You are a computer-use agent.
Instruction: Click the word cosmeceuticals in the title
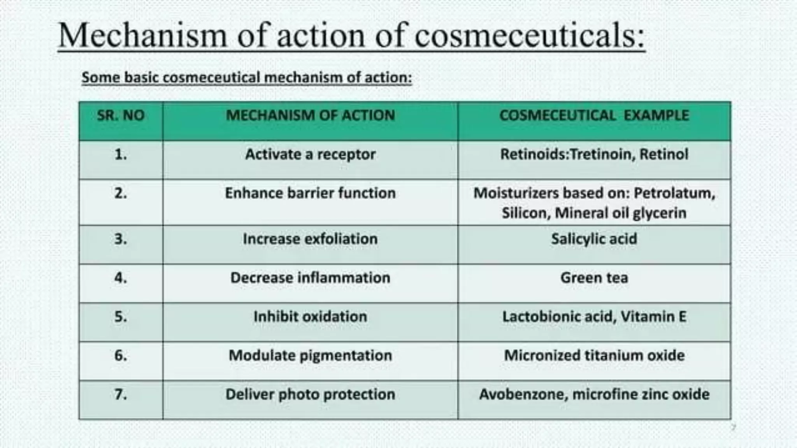point(530,36)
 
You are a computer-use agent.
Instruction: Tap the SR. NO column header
point(121,115)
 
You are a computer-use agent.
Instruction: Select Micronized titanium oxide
point(594,355)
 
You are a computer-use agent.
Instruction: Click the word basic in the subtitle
point(141,77)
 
